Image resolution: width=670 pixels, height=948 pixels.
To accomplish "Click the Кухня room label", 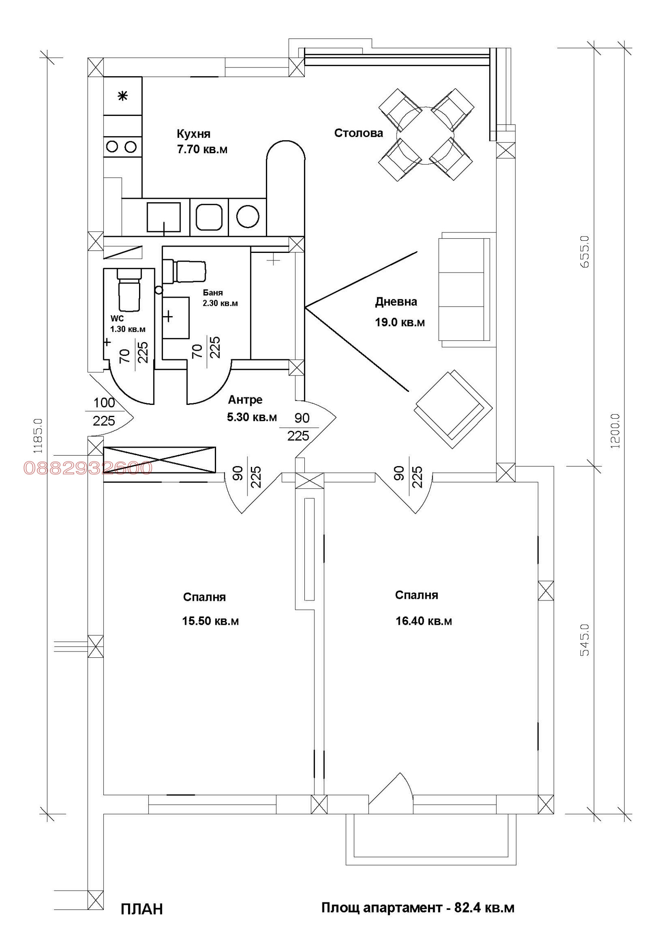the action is [193, 134].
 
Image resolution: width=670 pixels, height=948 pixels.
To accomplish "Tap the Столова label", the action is [358, 133].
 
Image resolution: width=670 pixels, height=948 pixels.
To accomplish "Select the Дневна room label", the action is [396, 302].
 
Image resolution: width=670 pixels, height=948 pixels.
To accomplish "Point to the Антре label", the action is [245, 399].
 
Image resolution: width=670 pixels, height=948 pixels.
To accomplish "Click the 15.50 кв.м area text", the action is [210, 621].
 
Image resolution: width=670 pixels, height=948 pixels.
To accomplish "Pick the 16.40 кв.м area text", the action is [424, 621].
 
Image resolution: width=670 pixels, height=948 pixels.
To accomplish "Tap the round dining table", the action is [425, 135].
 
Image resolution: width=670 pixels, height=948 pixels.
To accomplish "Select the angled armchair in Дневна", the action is [453, 409].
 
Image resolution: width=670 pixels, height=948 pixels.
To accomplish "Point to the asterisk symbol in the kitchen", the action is [122, 96].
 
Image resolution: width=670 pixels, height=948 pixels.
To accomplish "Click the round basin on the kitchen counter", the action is [247, 216].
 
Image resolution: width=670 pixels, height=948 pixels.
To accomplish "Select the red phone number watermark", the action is [88, 468].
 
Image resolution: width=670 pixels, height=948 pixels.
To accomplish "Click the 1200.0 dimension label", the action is [615, 431].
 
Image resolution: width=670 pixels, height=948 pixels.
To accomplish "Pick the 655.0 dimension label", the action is [585, 252].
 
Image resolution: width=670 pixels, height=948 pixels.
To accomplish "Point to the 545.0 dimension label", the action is [585, 640].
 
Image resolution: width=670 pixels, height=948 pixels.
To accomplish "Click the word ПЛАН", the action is [142, 909].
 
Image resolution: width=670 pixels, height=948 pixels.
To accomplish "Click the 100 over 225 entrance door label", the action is [104, 411].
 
